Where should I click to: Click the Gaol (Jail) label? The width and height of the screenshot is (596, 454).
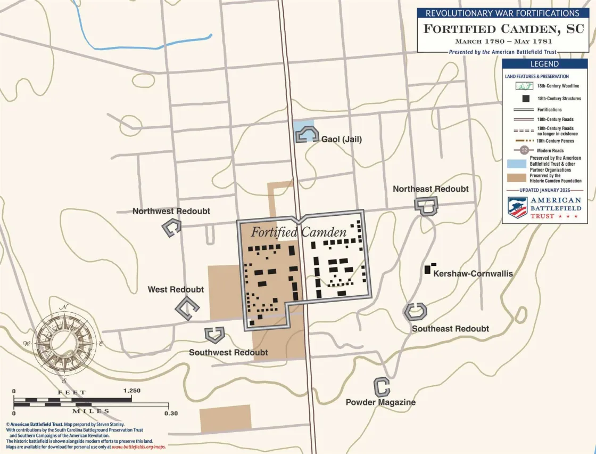342,139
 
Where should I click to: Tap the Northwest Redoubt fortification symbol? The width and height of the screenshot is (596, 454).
171,228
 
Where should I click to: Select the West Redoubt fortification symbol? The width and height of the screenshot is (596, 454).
187,308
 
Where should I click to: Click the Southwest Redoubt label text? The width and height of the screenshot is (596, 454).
228,352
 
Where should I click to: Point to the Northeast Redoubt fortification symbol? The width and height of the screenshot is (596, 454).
426,206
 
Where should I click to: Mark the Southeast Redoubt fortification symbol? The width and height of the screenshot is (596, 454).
415,311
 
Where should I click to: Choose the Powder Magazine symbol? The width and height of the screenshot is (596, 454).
381,386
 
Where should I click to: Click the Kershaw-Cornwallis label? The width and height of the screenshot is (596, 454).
473,273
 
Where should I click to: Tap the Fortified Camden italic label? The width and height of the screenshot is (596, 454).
299,232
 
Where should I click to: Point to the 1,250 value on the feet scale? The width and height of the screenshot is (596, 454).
131,391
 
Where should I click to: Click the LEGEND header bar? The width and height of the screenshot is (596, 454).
544,64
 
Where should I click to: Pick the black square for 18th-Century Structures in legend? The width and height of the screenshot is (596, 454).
525,99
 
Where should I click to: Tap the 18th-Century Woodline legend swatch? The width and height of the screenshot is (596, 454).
525,86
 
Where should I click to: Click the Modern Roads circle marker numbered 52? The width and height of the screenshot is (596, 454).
524,150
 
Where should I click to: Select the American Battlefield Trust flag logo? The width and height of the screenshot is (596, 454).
517,207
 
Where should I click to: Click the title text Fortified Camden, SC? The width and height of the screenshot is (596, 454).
503,29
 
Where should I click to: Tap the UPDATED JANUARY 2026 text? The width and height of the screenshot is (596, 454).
544,190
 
